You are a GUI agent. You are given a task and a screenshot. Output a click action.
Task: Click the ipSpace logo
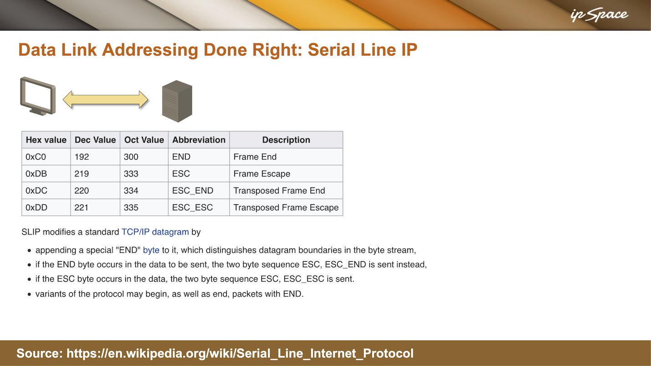[x=599, y=15]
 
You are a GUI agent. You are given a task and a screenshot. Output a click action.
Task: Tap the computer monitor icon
[x=38, y=96]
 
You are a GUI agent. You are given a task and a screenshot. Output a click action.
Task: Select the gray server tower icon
[x=177, y=101]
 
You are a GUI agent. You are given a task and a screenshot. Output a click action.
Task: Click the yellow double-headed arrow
[x=106, y=100]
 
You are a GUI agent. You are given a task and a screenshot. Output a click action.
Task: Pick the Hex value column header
[x=46, y=140]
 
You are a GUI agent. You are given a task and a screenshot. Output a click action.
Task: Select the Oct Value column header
[x=144, y=140]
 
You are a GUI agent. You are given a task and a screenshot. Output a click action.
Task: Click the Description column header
[x=286, y=140]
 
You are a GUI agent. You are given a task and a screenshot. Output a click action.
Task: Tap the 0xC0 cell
[x=46, y=157]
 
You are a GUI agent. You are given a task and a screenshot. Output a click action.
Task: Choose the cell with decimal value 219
[x=95, y=173]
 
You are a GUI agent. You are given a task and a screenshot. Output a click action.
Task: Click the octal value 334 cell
[x=144, y=190]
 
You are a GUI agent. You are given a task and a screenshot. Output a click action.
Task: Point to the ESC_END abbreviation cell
[x=199, y=190]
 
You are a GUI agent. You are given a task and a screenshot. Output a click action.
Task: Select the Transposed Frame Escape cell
[x=286, y=207]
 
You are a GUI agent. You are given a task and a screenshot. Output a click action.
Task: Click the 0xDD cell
[x=46, y=207]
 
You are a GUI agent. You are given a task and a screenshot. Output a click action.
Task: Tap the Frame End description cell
[x=286, y=157]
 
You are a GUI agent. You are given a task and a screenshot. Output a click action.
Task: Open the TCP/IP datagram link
[x=155, y=232]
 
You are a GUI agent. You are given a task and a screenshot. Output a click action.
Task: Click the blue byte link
[x=151, y=250]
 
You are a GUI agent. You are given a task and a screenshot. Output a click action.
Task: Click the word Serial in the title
[x=331, y=50]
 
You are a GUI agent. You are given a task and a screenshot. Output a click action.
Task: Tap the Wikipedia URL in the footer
[x=240, y=354]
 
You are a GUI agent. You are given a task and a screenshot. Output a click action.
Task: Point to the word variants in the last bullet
[x=51, y=294]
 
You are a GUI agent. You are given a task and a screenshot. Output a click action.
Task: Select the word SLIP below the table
[x=31, y=232]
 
